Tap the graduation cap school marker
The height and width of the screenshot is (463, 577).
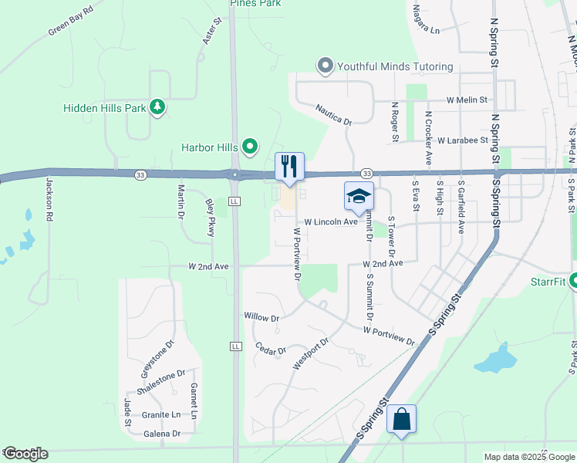point(359,197)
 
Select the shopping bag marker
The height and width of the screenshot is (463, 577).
point(402,420)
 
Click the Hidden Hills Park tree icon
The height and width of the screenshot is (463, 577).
point(157,107)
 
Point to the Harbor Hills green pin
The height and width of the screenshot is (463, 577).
point(249,146)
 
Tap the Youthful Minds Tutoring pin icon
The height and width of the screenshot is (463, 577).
point(326,66)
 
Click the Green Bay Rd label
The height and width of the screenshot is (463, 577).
point(70,22)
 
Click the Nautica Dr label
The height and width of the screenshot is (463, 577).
point(333,116)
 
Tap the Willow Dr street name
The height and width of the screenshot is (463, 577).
point(261,316)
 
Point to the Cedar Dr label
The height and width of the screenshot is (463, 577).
point(271,349)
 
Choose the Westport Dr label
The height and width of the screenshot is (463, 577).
point(311,352)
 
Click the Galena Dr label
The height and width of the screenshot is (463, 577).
point(162,434)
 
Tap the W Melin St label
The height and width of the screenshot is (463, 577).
point(467,100)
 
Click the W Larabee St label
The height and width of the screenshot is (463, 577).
point(463,141)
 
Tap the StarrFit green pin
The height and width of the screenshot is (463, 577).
point(572,282)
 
